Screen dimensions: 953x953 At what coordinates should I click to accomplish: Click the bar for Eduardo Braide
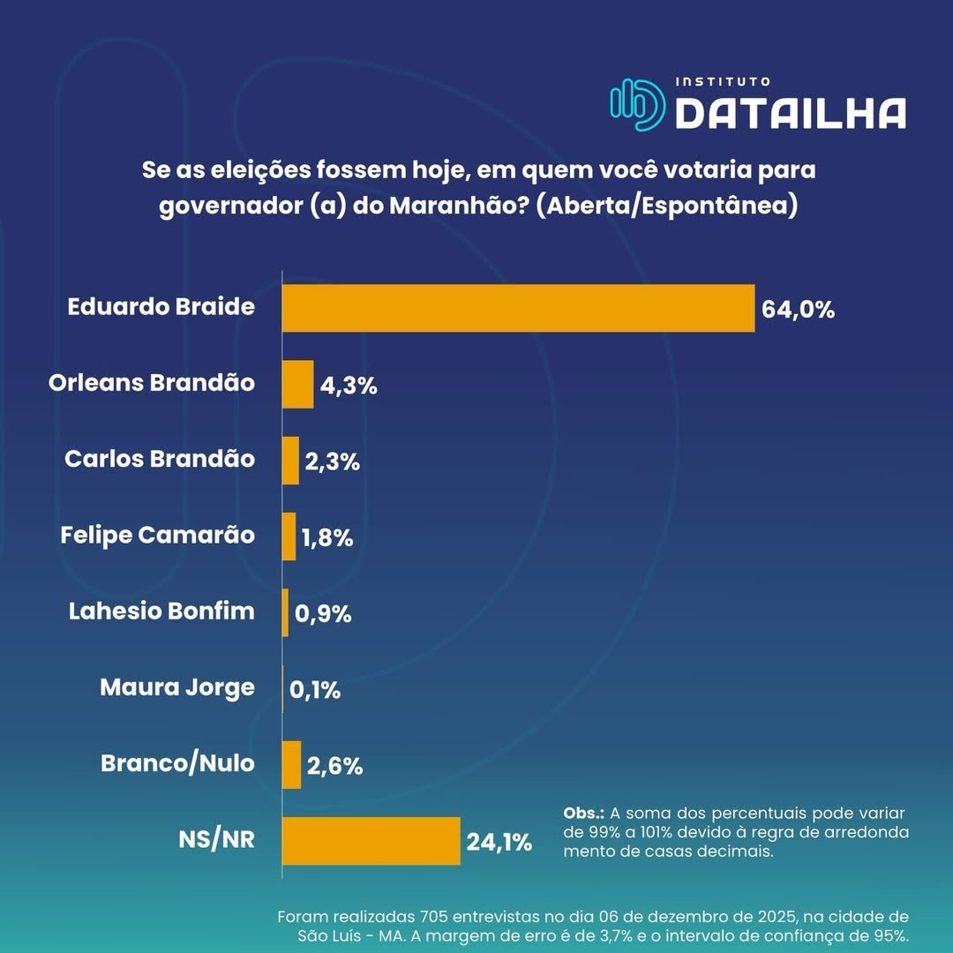click(x=518, y=308)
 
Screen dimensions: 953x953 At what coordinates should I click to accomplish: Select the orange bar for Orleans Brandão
click(x=297, y=384)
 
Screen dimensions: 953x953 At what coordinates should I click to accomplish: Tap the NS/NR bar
click(x=371, y=841)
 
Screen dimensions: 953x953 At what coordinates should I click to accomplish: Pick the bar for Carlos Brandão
click(x=290, y=461)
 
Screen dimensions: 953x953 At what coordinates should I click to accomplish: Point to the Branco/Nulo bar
click(x=291, y=764)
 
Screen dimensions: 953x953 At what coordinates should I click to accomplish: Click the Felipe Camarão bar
click(x=289, y=537)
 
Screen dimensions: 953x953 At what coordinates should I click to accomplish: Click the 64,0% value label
click(x=797, y=310)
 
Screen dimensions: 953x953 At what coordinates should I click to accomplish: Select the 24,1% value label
click(x=499, y=842)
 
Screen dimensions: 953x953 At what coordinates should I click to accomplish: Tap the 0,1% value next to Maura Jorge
click(x=317, y=689)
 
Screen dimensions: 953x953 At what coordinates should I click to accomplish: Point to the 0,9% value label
click(x=323, y=613)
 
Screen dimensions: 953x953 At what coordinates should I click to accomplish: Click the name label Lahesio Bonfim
click(x=161, y=611)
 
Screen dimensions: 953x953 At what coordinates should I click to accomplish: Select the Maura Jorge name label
click(x=176, y=687)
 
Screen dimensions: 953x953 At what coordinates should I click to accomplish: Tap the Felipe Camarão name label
click(x=158, y=535)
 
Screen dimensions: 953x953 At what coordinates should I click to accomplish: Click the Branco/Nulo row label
click(x=177, y=763)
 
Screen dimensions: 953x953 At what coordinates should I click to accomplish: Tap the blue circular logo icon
click(x=637, y=105)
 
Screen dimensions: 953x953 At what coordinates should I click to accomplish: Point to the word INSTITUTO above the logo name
click(x=723, y=81)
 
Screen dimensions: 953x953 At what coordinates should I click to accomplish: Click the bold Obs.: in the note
click(x=583, y=813)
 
